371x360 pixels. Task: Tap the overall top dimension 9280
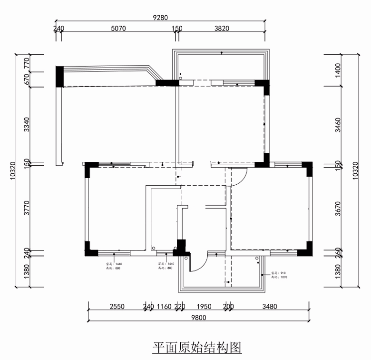click(160, 18)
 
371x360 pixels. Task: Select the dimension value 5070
click(118, 29)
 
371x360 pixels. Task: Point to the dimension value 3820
click(222, 29)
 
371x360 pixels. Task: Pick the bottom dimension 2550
click(117, 307)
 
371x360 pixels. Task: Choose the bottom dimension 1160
click(164, 307)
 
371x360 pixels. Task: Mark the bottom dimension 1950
click(204, 307)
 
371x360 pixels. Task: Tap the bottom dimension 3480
click(269, 307)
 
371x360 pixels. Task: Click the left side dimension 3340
click(27, 124)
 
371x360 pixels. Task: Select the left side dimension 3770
click(27, 208)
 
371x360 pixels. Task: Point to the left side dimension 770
click(27, 62)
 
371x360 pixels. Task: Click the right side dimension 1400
click(338, 70)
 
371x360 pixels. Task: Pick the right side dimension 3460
click(338, 125)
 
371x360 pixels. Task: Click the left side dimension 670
click(27, 79)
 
